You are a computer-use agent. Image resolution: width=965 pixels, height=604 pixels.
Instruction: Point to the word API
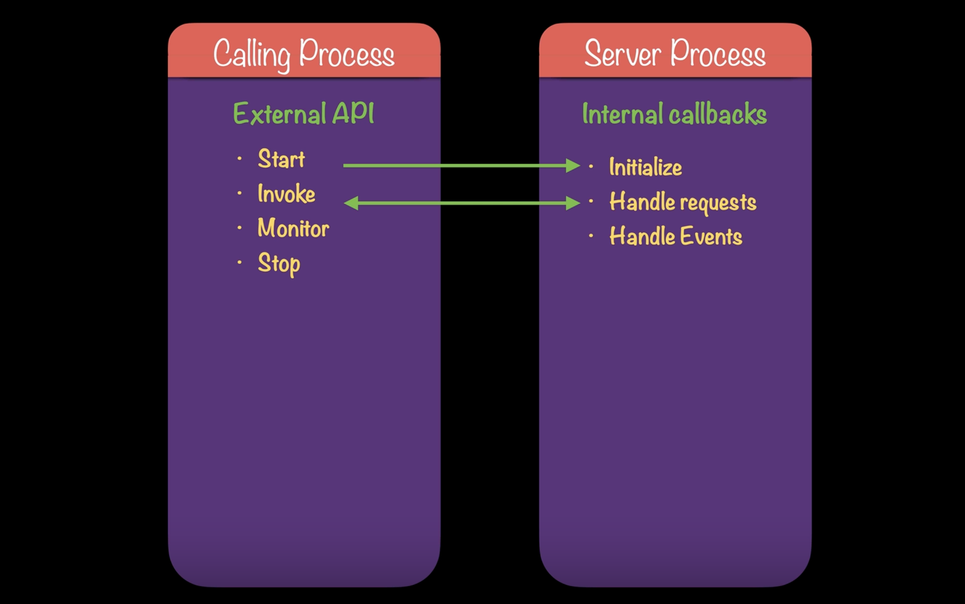pyautogui.click(x=353, y=113)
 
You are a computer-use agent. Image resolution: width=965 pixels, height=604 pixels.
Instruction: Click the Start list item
pyautogui.click(x=281, y=159)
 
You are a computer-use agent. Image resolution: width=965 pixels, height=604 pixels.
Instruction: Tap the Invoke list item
pyautogui.click(x=286, y=194)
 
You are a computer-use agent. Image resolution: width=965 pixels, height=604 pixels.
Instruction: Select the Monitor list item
pyautogui.click(x=293, y=228)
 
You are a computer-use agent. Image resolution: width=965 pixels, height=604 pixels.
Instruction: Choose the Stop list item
pyautogui.click(x=279, y=264)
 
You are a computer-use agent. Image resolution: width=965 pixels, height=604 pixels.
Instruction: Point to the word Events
pyautogui.click(x=711, y=237)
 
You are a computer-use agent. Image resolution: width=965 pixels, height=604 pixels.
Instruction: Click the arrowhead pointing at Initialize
pyautogui.click(x=573, y=165)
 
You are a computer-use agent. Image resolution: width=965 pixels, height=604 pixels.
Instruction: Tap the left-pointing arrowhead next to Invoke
pyautogui.click(x=351, y=203)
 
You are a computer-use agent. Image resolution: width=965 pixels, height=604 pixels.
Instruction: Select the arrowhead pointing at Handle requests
pyautogui.click(x=573, y=203)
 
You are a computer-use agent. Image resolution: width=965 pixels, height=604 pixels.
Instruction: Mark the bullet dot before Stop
pyautogui.click(x=239, y=262)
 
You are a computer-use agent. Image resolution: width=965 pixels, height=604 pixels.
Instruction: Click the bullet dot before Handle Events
pyautogui.click(x=591, y=236)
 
